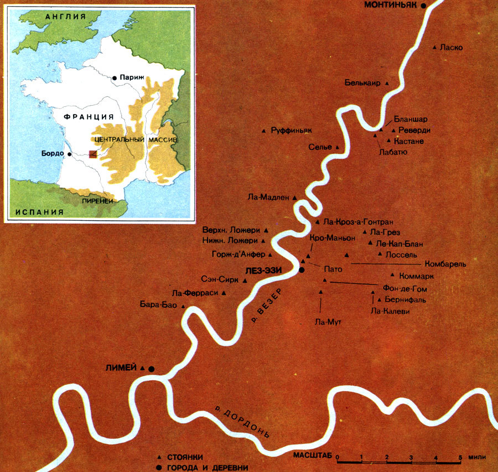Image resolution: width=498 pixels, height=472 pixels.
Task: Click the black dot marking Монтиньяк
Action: click(424, 5)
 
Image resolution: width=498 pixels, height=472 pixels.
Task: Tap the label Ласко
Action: click(452, 48)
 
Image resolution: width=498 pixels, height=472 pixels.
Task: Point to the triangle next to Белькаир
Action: click(387, 84)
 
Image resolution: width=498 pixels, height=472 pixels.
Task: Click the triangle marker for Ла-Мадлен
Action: click(294, 198)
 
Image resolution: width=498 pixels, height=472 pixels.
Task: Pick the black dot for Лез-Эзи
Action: click(302, 270)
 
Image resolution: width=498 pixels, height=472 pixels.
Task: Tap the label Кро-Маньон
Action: click(333, 237)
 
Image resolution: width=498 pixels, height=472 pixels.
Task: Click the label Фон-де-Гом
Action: click(405, 289)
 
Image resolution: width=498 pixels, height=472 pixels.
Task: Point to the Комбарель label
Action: click(445, 264)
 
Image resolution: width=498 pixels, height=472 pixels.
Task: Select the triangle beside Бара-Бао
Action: click(182, 304)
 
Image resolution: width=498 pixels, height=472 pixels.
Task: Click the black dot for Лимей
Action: click(151, 369)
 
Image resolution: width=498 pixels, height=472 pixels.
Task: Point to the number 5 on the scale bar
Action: click(460, 457)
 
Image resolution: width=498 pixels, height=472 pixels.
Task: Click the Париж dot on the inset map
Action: click(114, 78)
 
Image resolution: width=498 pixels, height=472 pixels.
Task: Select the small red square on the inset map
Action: click(93, 153)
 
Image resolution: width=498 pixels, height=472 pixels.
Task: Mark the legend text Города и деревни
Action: click(208, 467)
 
